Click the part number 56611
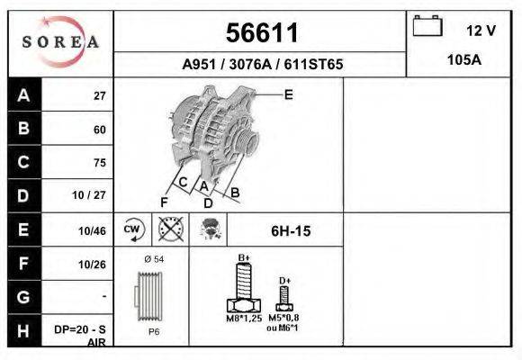261,33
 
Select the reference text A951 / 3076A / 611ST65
261,65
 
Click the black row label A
22,95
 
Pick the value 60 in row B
99,130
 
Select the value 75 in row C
99,163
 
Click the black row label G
22,296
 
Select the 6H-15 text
291,231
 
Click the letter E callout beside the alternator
289,94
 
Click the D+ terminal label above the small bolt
284,281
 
